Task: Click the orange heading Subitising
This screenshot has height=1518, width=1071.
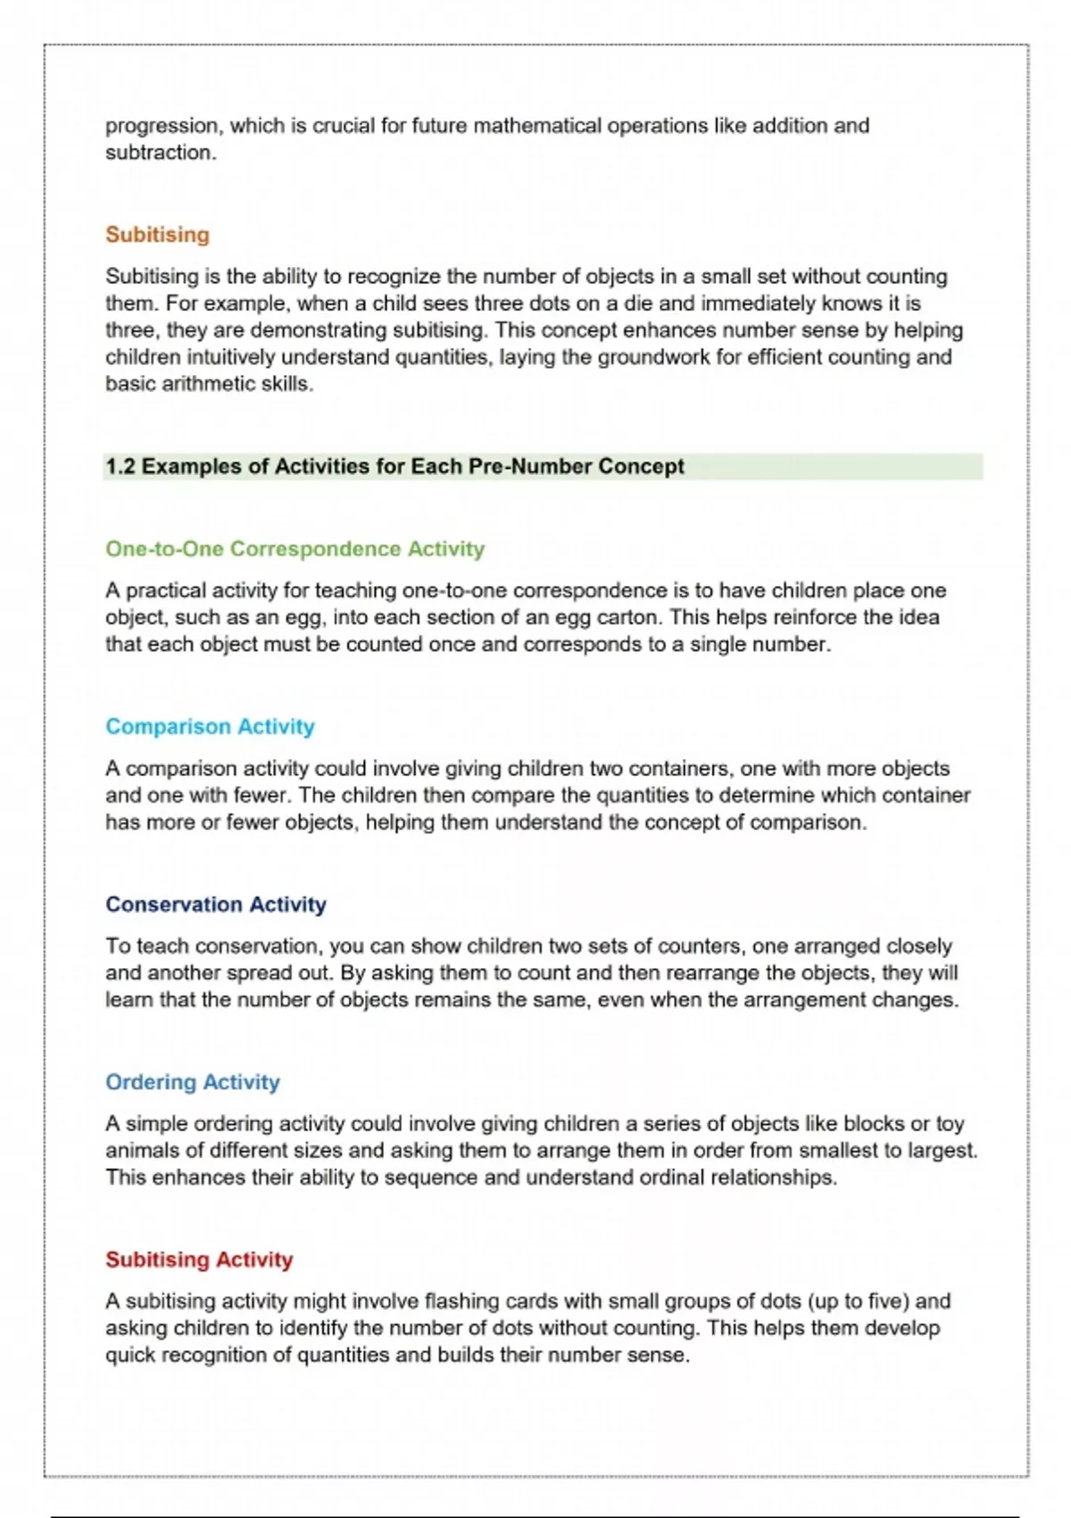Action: point(157,235)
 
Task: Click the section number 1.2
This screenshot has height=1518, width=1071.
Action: point(120,466)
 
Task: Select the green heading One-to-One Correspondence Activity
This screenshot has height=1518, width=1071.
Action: point(295,548)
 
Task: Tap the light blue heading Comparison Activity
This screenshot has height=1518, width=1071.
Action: point(210,726)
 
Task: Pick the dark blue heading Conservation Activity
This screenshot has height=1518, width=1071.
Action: point(215,904)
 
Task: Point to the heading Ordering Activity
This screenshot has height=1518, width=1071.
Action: point(192,1081)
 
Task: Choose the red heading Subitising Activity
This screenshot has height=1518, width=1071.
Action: point(199,1259)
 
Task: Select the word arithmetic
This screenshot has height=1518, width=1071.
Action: point(197,384)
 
